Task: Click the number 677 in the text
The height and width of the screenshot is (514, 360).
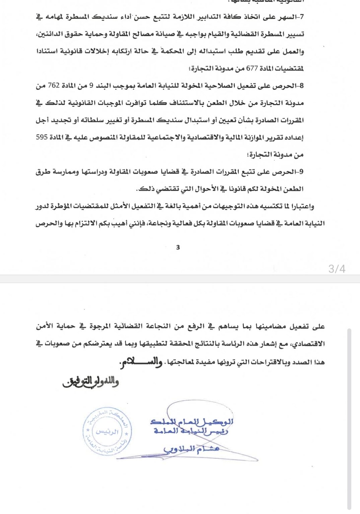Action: [252, 69]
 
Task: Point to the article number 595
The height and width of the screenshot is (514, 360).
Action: [42, 137]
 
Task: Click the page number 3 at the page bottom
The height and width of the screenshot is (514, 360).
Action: [178, 247]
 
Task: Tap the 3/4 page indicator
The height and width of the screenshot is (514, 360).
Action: [337, 268]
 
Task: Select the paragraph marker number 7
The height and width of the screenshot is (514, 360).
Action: [302, 17]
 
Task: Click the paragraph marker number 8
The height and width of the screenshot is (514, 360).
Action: [302, 86]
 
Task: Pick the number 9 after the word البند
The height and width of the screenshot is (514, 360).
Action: [91, 86]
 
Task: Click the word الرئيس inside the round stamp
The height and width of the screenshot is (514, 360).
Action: [107, 432]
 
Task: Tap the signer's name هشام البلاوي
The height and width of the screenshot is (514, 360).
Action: [192, 449]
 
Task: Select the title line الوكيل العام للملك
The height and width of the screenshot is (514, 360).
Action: [192, 422]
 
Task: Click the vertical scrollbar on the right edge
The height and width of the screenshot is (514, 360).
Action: [349, 418]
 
